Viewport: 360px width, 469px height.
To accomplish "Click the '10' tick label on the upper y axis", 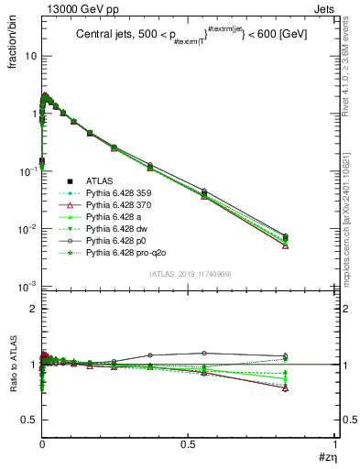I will (x=30, y=56).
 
